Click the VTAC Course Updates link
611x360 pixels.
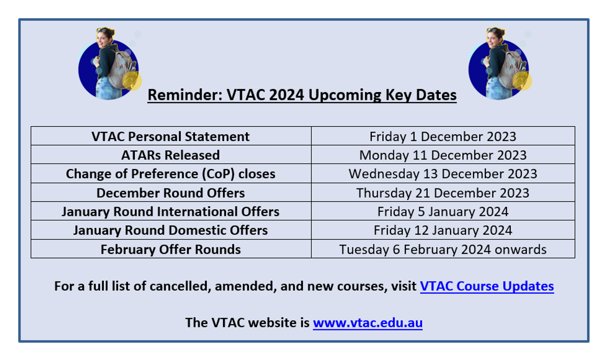[487, 286]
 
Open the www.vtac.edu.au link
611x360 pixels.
[368, 323]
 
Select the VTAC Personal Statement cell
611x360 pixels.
[171, 136]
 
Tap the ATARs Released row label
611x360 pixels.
[171, 155]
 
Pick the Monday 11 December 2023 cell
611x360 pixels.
[443, 155]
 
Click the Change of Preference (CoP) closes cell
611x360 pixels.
[171, 174]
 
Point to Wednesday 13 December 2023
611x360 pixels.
[443, 174]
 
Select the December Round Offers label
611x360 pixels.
[171, 193]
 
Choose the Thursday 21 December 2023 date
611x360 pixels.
[443, 193]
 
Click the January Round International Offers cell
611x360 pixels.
[171, 211]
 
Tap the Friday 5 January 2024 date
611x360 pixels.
[443, 212]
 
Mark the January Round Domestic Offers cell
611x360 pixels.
[171, 230]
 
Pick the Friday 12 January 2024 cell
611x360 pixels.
[443, 230]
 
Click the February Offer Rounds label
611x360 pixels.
[171, 250]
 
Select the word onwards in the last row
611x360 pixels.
[520, 250]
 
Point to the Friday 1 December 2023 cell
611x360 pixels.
[443, 136]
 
